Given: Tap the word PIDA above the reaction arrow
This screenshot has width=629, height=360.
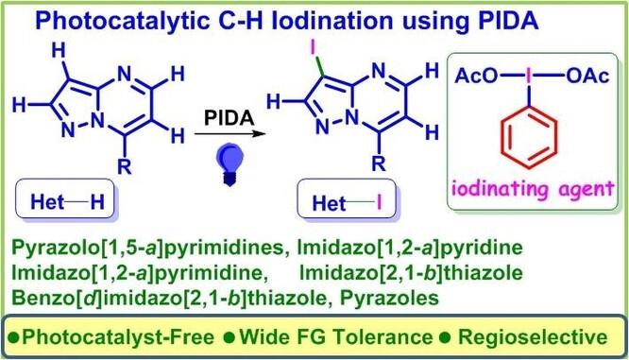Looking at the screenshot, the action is coord(229,118).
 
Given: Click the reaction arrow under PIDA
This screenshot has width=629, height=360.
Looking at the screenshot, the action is coord(230,133).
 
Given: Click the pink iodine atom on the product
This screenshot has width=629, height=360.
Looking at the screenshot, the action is coord(314,48).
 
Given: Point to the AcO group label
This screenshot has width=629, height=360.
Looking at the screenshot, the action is coord(476,76).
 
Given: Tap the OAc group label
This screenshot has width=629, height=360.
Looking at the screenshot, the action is coord(587,76).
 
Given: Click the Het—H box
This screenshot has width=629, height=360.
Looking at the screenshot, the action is coord(64,200).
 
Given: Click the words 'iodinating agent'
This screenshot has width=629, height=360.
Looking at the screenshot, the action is coord(533,189).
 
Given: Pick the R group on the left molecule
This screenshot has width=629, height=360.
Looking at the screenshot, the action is coord(125,166).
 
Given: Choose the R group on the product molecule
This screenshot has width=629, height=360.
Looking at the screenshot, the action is coord(379,163).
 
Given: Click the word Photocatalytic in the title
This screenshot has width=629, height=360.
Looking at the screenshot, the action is coord(123,21).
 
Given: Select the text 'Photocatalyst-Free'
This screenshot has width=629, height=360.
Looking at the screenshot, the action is coord(117,337).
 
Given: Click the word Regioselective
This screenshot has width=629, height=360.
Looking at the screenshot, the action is coord(533,337).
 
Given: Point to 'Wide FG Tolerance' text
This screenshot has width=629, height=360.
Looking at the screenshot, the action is coord(336,337).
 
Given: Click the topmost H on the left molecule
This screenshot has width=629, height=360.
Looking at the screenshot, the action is coord(59,51).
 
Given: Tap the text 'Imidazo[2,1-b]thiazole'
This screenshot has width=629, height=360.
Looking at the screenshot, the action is coord(411,273).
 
